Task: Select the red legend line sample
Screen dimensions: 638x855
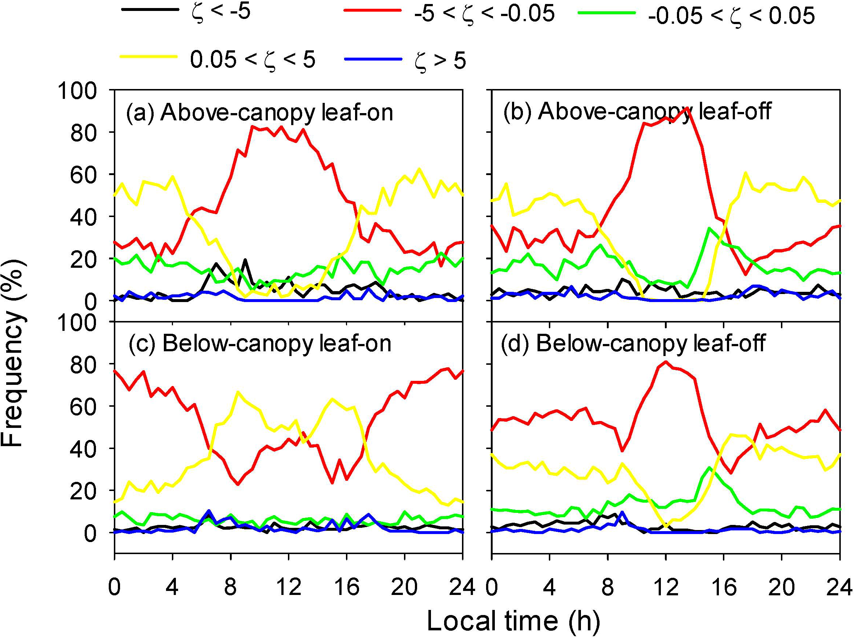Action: pos(373,11)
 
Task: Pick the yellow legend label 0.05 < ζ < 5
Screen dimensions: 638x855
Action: pos(252,60)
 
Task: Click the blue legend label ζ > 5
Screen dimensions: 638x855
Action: pos(440,61)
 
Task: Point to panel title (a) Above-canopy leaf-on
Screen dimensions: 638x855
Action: pos(259,112)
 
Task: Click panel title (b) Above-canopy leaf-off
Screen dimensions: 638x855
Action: pos(637,111)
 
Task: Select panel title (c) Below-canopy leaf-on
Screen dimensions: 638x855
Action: pos(259,343)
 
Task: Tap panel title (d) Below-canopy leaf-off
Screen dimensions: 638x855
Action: pos(633,343)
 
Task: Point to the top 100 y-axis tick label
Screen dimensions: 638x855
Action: pos(77,91)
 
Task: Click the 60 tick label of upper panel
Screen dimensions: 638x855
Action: pos(83,175)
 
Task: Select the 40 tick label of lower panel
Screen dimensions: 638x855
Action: pos(83,448)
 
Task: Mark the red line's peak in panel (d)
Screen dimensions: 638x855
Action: pos(666,362)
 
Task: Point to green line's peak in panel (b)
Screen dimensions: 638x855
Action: pos(709,228)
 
